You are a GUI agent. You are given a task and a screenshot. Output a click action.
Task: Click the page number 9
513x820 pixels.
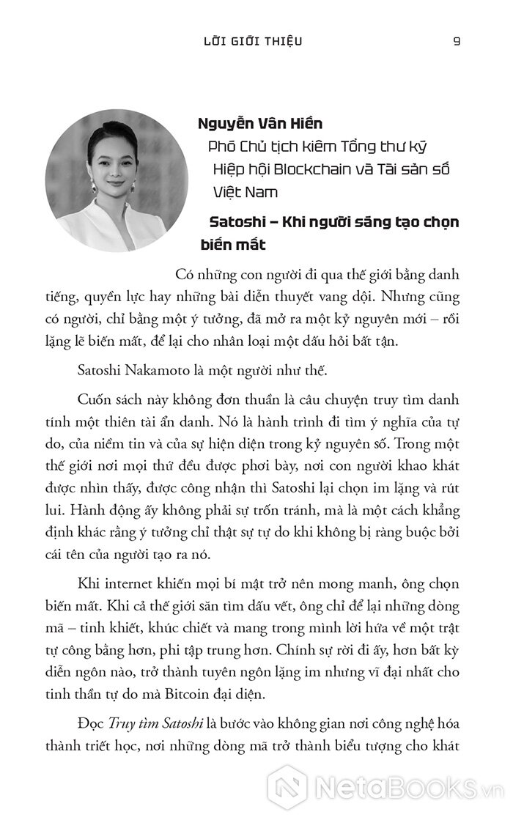tap(457, 40)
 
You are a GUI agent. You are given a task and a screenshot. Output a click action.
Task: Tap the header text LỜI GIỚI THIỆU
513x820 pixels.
tap(254, 40)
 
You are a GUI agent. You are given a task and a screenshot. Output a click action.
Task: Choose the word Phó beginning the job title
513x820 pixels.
tap(224, 146)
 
